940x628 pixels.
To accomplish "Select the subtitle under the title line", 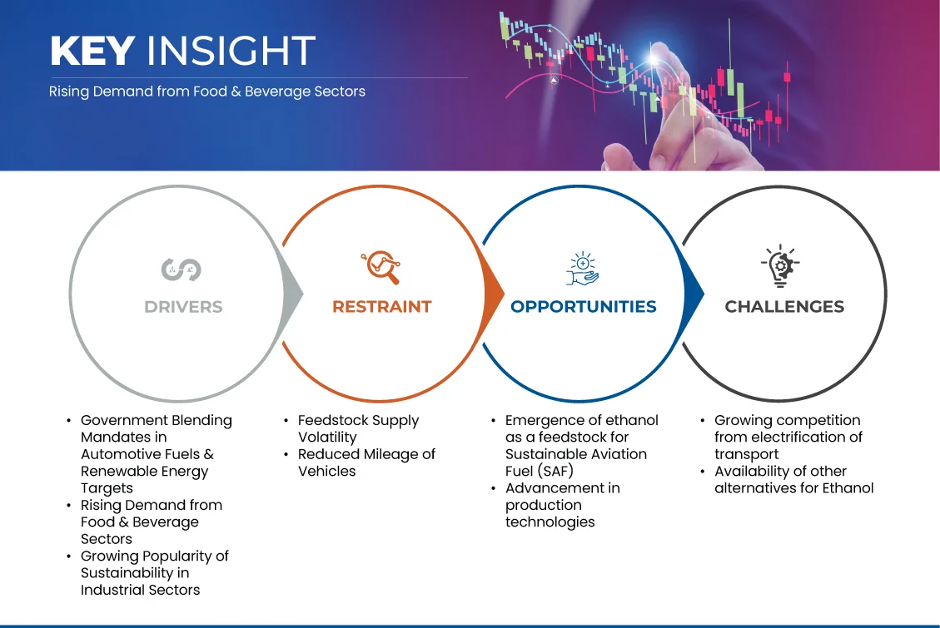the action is click(x=206, y=91).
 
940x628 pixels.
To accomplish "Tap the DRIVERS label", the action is click(x=183, y=307).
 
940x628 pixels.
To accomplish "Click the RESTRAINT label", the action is click(x=382, y=307).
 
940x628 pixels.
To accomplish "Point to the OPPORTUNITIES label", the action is click(x=584, y=307).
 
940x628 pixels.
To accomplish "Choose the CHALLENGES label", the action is click(x=784, y=307).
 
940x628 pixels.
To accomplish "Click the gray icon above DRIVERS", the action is click(x=181, y=269).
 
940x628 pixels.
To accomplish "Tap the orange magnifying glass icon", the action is click(x=380, y=267).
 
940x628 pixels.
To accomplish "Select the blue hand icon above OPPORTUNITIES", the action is click(x=583, y=269).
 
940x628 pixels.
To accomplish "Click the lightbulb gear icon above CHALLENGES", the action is click(x=780, y=266).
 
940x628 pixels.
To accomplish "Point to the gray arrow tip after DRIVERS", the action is click(x=303, y=294).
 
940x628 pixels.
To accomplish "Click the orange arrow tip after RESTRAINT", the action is click(x=504, y=294).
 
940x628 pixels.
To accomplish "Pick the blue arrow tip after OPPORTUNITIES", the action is click(x=704, y=294).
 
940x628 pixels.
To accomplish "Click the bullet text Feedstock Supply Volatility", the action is click(x=358, y=428).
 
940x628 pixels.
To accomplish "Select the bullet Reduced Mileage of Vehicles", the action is click(x=366, y=462).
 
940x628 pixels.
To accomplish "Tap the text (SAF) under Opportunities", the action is click(x=555, y=471).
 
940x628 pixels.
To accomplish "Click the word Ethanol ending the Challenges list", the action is click(x=848, y=488).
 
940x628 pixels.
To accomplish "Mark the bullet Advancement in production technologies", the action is click(x=562, y=505).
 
